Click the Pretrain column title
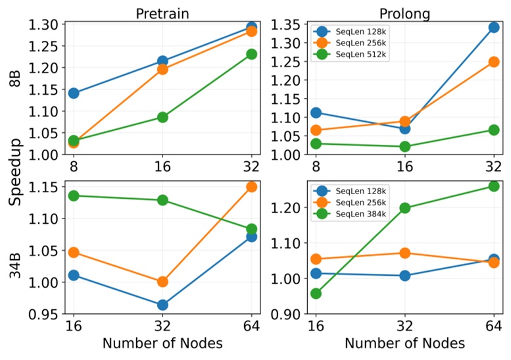pyautogui.click(x=162, y=13)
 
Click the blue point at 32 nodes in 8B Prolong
pyautogui.click(x=493, y=28)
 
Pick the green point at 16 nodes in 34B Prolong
pyautogui.click(x=316, y=293)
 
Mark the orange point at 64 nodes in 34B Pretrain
pyautogui.click(x=251, y=187)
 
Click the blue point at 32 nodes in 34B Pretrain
pyautogui.click(x=162, y=305)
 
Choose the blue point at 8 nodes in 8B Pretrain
pyautogui.click(x=73, y=93)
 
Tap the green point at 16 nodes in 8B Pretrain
pyautogui.click(x=162, y=117)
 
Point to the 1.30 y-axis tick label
pyautogui.click(x=46, y=24)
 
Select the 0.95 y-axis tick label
pyautogui.click(x=46, y=314)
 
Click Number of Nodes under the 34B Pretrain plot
pyautogui.click(x=162, y=344)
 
